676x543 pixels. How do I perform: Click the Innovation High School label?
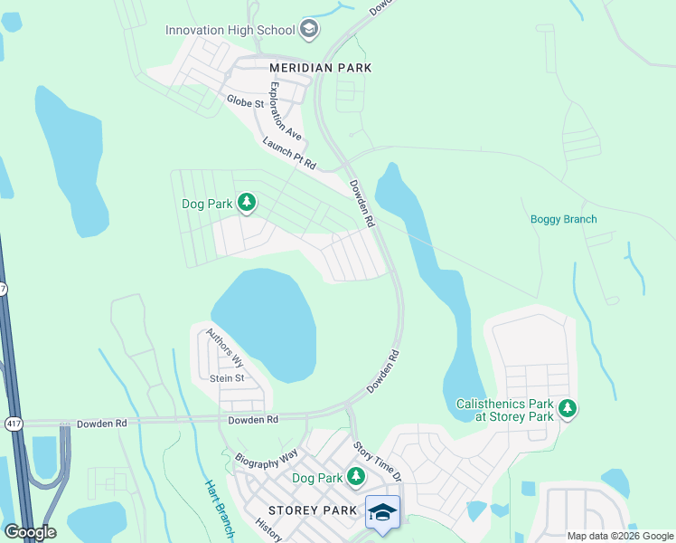point(230,30)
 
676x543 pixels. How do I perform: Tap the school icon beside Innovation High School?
point(310,30)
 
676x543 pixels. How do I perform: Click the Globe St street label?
point(245,102)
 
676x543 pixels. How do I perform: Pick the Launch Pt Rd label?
point(288,153)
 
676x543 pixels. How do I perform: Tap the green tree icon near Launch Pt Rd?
point(246,203)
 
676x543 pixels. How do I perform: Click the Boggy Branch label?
point(563,219)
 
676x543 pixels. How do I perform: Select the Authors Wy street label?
point(225,348)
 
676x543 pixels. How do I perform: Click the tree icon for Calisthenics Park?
point(568,409)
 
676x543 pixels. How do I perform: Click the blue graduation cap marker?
point(382,512)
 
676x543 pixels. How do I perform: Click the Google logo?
point(30,532)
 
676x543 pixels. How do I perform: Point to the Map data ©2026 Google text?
point(619,536)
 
